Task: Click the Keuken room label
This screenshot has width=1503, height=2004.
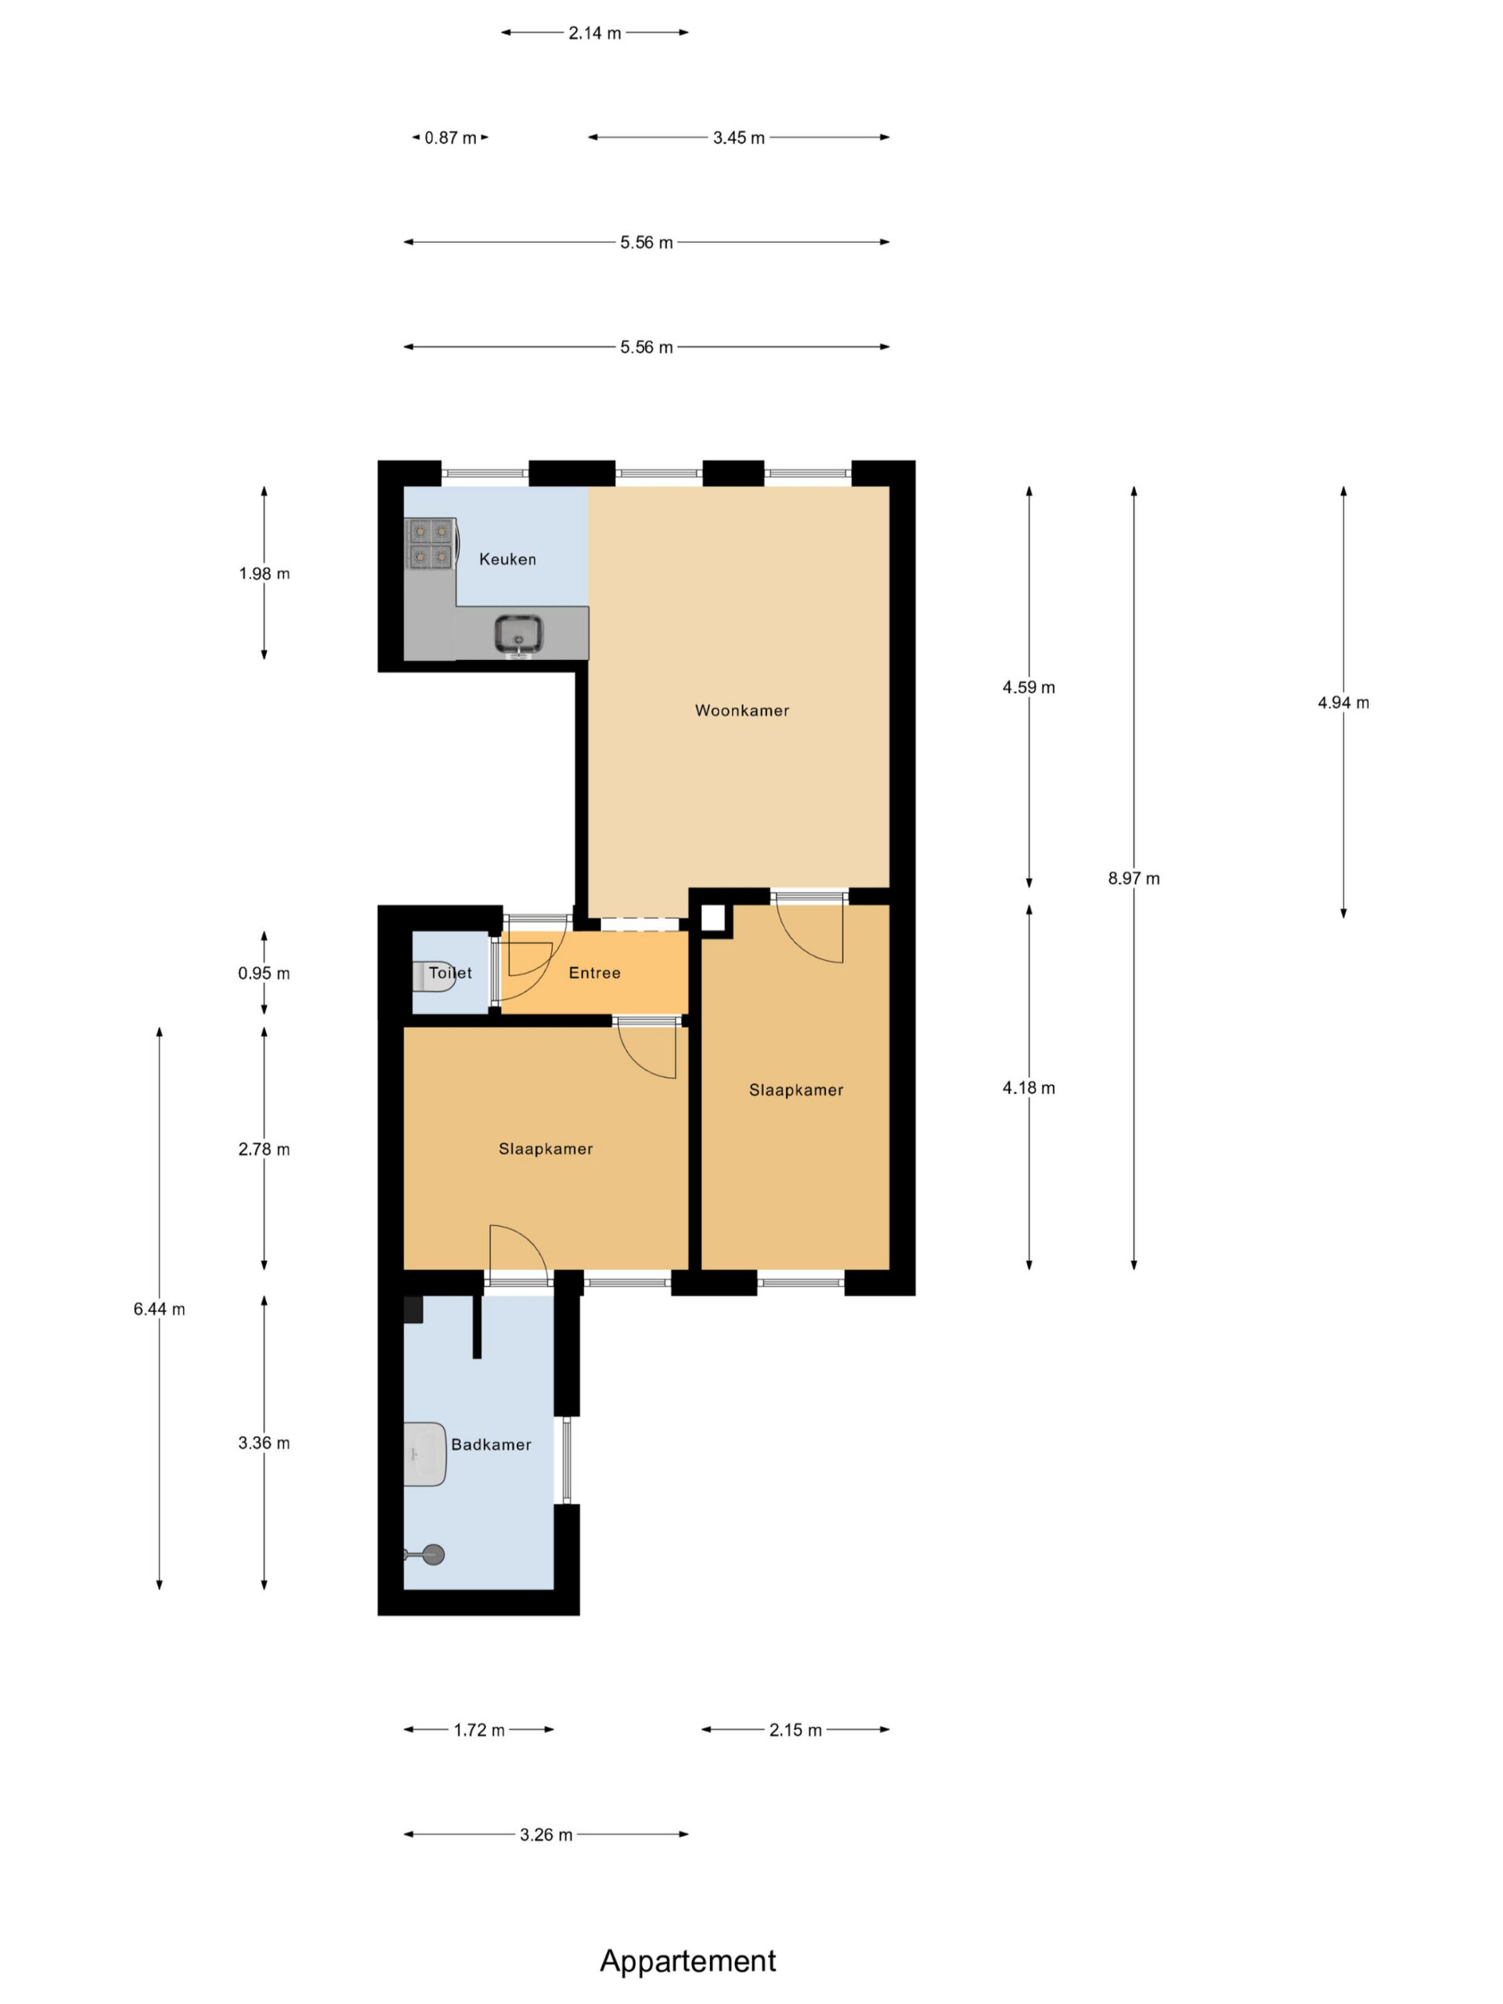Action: click(507, 559)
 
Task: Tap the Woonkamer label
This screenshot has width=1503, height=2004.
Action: click(742, 710)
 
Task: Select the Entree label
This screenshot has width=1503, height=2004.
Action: click(594, 973)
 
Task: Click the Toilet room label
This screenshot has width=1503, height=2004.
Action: click(450, 973)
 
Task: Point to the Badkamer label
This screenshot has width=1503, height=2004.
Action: click(491, 1444)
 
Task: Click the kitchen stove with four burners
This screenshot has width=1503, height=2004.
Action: click(430, 542)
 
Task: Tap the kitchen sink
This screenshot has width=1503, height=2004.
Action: click(519, 633)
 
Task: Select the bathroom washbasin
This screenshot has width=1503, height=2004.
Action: click(425, 1454)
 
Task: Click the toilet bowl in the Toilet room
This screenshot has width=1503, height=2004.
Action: click(433, 977)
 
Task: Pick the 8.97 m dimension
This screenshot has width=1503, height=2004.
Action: click(1134, 878)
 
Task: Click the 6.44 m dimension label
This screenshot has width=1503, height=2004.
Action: click(160, 1309)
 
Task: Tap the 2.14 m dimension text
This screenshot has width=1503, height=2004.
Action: click(595, 34)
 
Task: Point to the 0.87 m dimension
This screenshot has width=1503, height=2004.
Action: click(450, 138)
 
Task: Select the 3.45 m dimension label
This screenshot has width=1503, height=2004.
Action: click(738, 138)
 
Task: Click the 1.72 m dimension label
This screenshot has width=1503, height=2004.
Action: click(479, 1730)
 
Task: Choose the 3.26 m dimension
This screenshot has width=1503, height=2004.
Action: click(546, 1835)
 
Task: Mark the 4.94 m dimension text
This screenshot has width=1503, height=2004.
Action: click(1343, 702)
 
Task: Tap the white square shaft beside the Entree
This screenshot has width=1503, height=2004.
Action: click(714, 917)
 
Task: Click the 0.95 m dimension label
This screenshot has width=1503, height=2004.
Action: click(264, 974)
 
